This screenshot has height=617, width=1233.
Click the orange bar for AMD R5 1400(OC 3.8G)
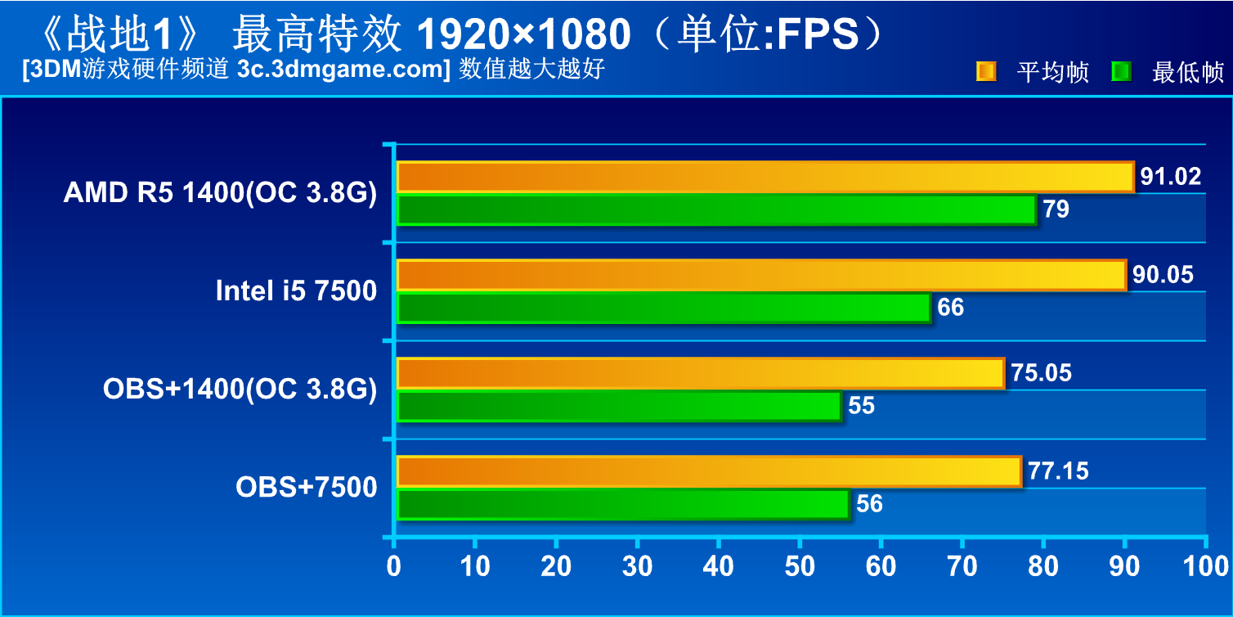click(764, 177)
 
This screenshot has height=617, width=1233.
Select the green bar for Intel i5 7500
click(663, 308)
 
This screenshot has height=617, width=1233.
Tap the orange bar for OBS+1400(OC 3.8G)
click(700, 373)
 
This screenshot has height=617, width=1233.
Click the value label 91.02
click(1171, 177)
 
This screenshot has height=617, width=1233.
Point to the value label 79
click(1056, 209)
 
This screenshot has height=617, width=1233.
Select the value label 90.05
click(1163, 275)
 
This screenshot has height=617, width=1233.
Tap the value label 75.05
click(1041, 373)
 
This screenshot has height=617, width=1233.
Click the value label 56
click(869, 504)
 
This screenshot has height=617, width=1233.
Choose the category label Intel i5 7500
click(296, 291)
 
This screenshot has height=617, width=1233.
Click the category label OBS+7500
click(307, 488)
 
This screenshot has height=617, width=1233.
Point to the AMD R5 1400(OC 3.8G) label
click(220, 193)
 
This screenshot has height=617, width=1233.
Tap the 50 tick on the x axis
click(798, 565)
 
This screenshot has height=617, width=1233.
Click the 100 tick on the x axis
click(1205, 565)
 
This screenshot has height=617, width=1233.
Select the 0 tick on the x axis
click(394, 565)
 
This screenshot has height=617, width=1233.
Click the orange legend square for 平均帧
click(986, 72)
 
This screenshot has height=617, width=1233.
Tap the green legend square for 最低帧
click(1121, 72)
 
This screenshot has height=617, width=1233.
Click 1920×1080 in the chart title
click(524, 34)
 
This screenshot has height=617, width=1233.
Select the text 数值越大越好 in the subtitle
click(531, 70)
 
